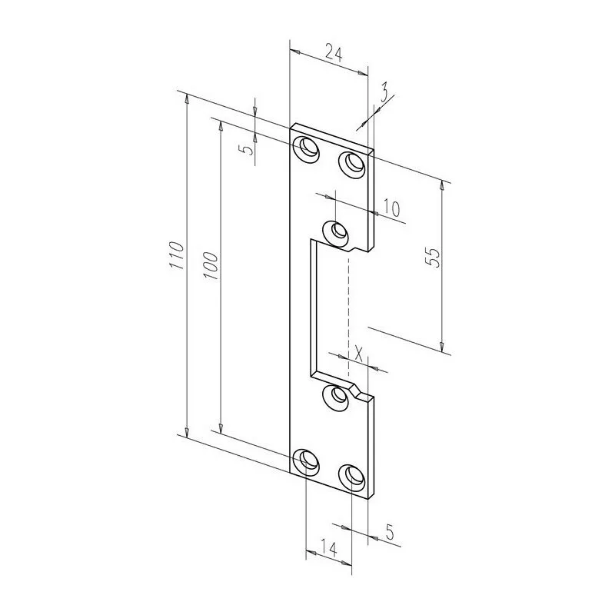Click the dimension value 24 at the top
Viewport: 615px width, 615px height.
pos(333,53)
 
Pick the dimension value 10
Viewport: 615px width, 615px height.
pos(391,208)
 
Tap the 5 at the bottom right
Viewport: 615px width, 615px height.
pos(389,530)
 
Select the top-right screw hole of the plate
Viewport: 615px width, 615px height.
pos(352,162)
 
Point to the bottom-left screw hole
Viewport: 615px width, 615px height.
pos(307,460)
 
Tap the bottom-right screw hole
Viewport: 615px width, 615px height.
pos(354,476)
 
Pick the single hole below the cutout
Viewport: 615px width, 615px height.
pos(336,396)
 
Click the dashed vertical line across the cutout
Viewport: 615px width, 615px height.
pos(348,307)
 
